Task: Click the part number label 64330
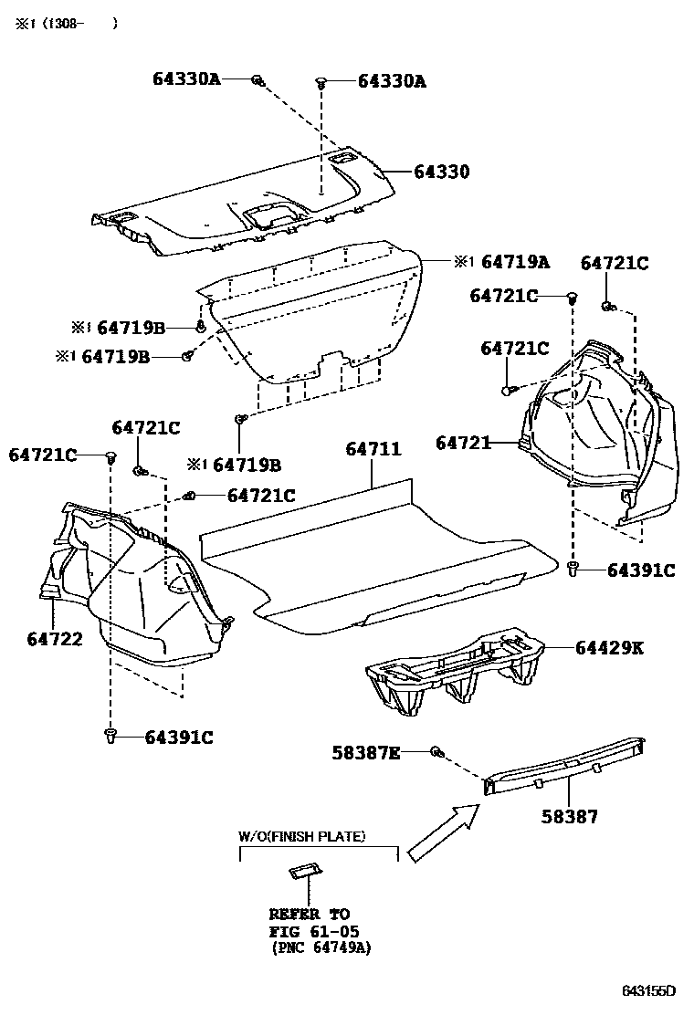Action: click(x=441, y=172)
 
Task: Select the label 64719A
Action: click(x=515, y=263)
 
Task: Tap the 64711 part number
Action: click(x=373, y=450)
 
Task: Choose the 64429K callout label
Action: click(x=610, y=648)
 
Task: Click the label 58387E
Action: click(x=366, y=752)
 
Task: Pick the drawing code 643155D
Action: click(x=649, y=990)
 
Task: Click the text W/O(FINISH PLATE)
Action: click(x=302, y=836)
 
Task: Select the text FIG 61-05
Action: click(x=313, y=931)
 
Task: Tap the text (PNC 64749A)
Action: click(x=321, y=948)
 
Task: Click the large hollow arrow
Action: click(x=442, y=831)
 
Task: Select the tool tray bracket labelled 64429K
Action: click(x=457, y=671)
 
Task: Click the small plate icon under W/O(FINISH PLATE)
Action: click(x=304, y=872)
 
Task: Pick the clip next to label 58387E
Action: click(x=436, y=752)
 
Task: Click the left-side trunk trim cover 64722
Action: click(x=137, y=584)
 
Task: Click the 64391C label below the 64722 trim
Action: click(x=178, y=738)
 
